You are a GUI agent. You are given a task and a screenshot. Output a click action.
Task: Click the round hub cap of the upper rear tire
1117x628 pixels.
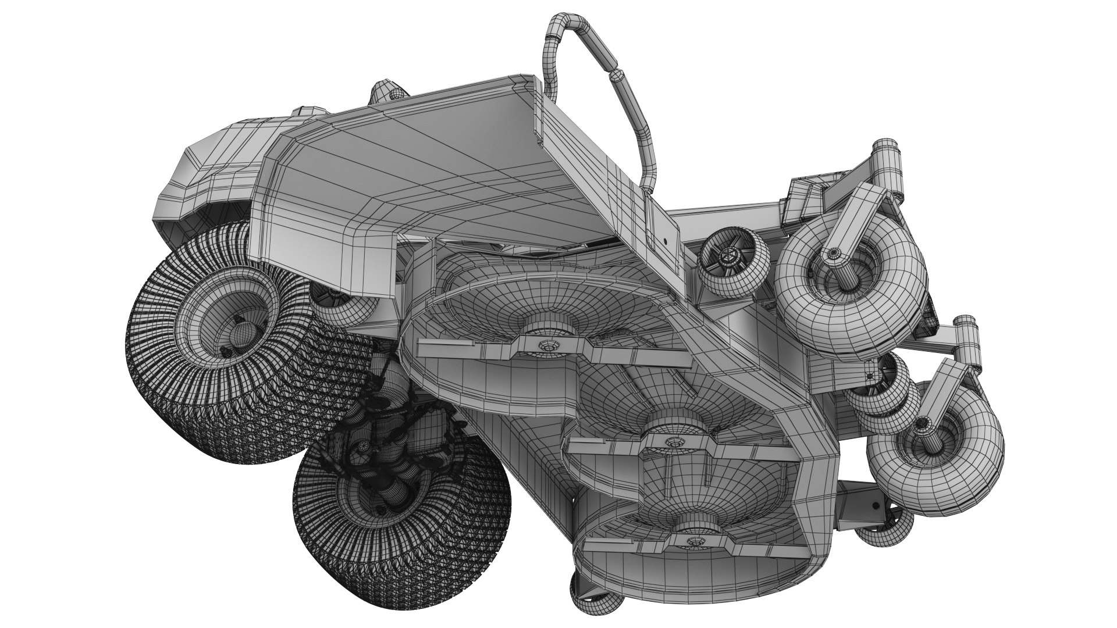239,334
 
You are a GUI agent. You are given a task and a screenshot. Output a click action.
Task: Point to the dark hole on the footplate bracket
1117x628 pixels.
664,239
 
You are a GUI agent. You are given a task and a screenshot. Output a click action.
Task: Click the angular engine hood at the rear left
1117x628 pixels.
209,174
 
